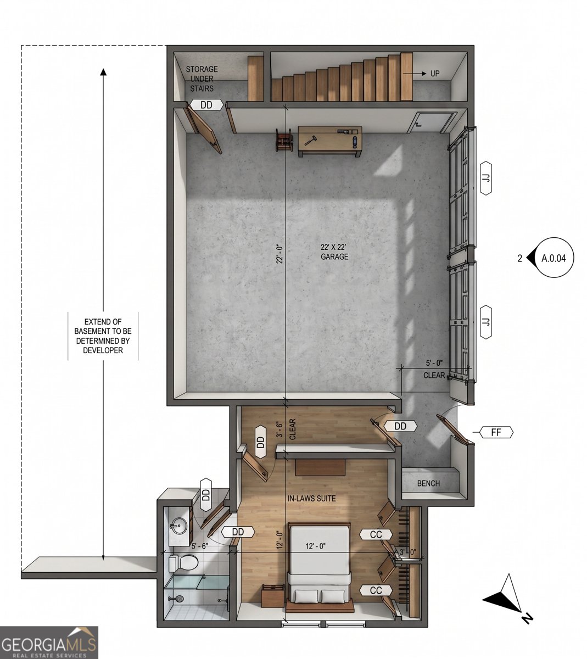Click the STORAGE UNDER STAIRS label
[x=202, y=79]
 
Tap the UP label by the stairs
[x=435, y=74]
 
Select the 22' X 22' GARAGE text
[x=334, y=252]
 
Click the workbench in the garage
[x=329, y=142]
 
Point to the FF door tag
[x=496, y=432]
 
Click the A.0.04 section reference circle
[x=553, y=258]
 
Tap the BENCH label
[x=428, y=483]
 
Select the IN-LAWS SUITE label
[x=311, y=498]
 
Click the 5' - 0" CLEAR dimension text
[x=434, y=369]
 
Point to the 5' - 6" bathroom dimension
[x=199, y=546]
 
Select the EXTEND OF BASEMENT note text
[x=103, y=336]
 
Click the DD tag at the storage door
[x=206, y=105]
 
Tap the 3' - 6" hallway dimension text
[x=279, y=429]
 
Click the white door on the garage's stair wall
[x=431, y=122]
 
